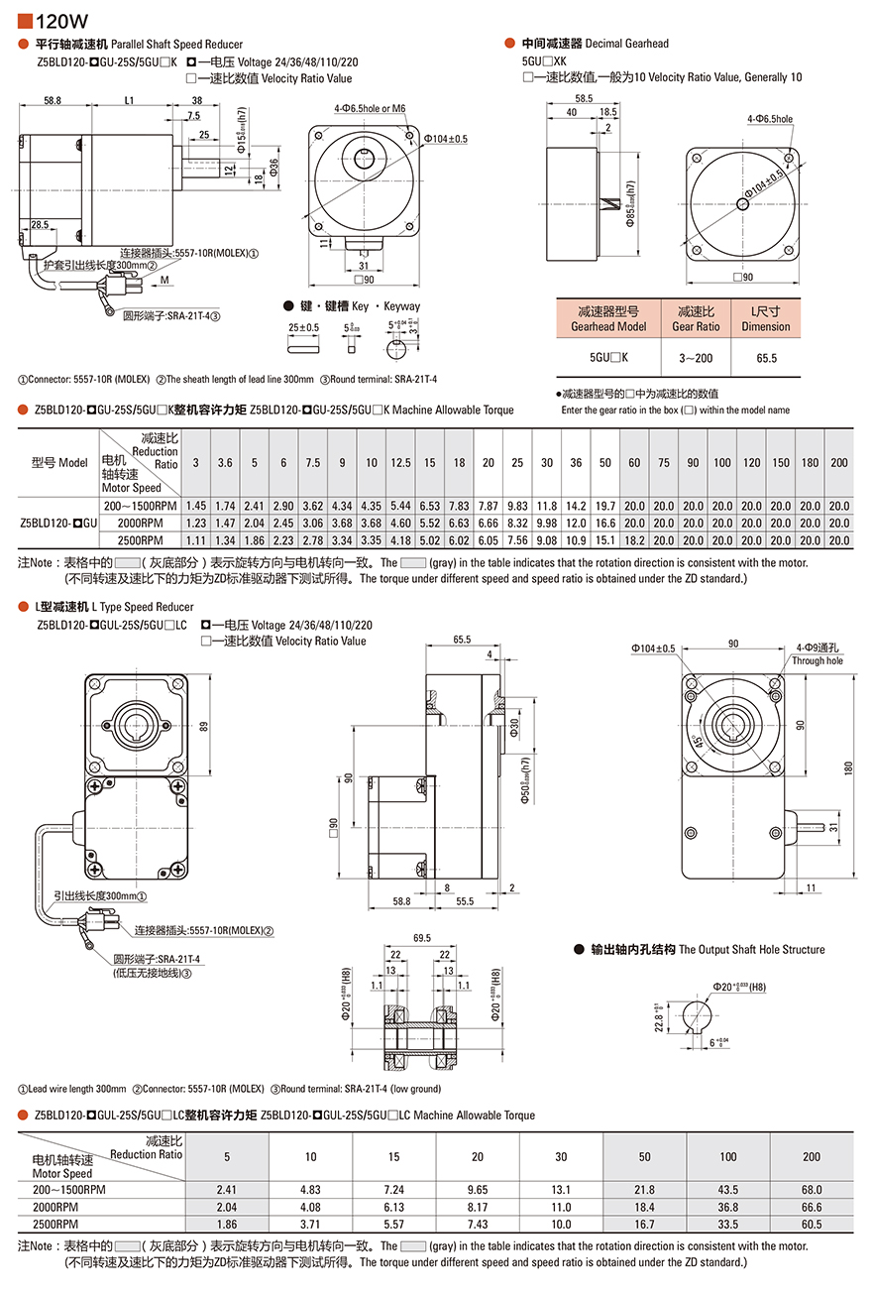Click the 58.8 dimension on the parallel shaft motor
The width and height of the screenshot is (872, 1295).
coord(53,100)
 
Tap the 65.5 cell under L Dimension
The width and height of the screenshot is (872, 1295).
coord(765,358)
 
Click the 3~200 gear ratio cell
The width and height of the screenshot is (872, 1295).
coord(696,358)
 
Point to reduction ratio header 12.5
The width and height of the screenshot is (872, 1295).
coord(400,463)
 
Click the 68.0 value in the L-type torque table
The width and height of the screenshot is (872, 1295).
coord(812,1189)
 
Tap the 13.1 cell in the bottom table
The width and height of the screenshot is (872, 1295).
coord(562,1189)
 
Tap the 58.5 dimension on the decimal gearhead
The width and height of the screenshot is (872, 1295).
coord(584,98)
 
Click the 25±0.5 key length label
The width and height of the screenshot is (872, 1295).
coord(303,327)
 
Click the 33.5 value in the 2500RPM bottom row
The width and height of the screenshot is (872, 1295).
coord(727,1225)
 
